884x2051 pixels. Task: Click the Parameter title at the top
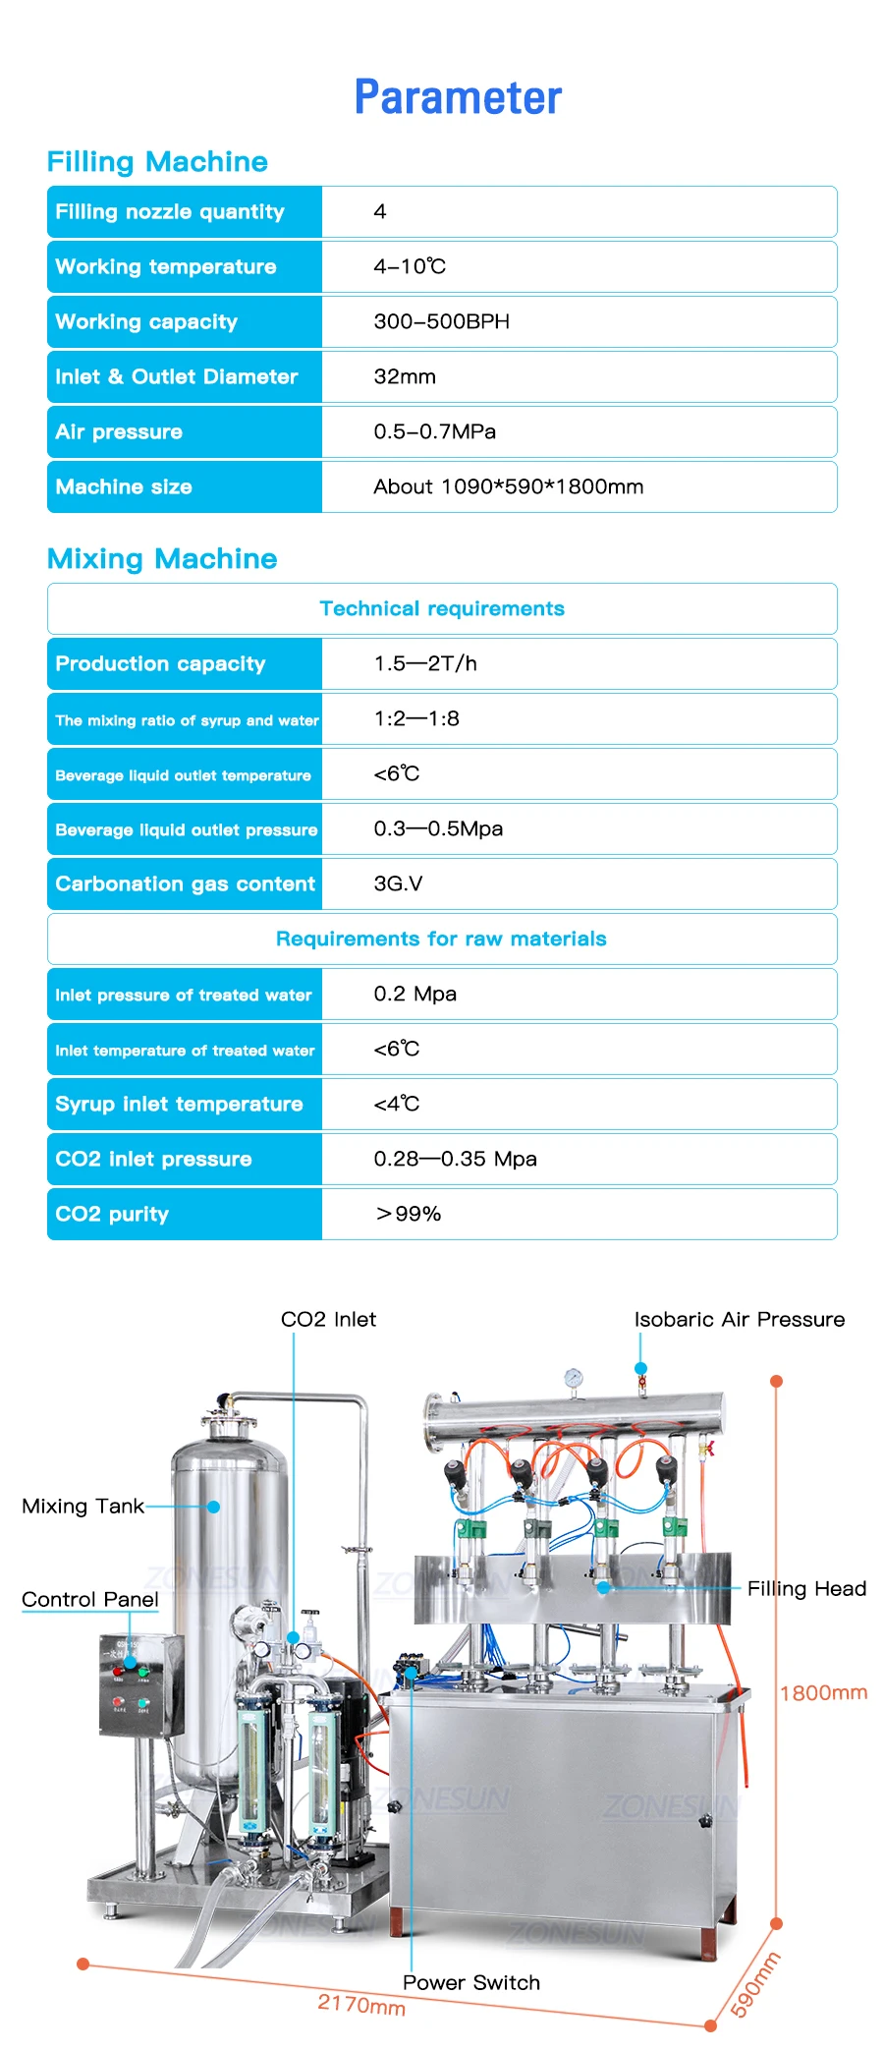pyautogui.click(x=458, y=97)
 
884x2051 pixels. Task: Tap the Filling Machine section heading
pyautogui.click(x=157, y=162)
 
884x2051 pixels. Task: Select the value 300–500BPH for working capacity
pyautogui.click(x=441, y=321)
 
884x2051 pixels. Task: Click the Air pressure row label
pyautogui.click(x=119, y=431)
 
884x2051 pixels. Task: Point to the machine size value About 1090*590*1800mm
pyautogui.click(x=508, y=486)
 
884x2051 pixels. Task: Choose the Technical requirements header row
pyautogui.click(x=442, y=608)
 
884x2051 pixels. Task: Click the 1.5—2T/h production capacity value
pyautogui.click(x=425, y=663)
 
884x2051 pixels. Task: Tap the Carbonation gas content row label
pyautogui.click(x=185, y=883)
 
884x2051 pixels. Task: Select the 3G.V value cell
pyautogui.click(x=398, y=883)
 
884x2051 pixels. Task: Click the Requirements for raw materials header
pyautogui.click(x=441, y=939)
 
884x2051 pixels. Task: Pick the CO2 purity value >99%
pyautogui.click(x=409, y=1214)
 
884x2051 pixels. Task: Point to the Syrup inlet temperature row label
pyautogui.click(x=179, y=1104)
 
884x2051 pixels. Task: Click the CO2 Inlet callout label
pyautogui.click(x=328, y=1319)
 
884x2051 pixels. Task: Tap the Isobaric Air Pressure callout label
pyautogui.click(x=739, y=1319)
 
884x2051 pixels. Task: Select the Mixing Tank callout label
pyautogui.click(x=83, y=1506)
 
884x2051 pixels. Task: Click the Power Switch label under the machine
pyautogui.click(x=471, y=1982)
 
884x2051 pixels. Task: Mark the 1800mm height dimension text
pyautogui.click(x=823, y=1692)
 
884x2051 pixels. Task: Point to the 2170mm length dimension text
pyautogui.click(x=361, y=2005)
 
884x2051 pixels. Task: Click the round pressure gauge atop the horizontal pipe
pyautogui.click(x=573, y=1379)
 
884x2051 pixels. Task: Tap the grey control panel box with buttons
pyautogui.click(x=140, y=1684)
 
